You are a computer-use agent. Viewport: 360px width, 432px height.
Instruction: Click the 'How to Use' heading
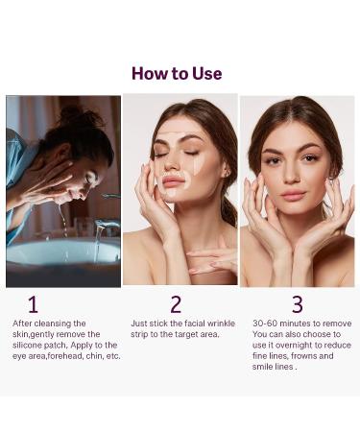coord(177,74)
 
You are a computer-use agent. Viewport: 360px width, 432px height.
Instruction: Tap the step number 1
coord(33,304)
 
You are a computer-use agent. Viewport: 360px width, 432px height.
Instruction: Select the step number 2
coord(176,304)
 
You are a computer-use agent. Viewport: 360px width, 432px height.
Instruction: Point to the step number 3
coord(298,304)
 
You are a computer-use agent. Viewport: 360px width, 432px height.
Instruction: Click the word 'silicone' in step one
coord(27,346)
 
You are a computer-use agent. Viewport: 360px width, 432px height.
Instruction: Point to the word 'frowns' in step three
coord(303,356)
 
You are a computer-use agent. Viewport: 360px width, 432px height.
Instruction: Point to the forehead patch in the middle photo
coord(175,137)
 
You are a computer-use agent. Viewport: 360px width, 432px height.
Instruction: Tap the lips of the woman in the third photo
coord(293,195)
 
